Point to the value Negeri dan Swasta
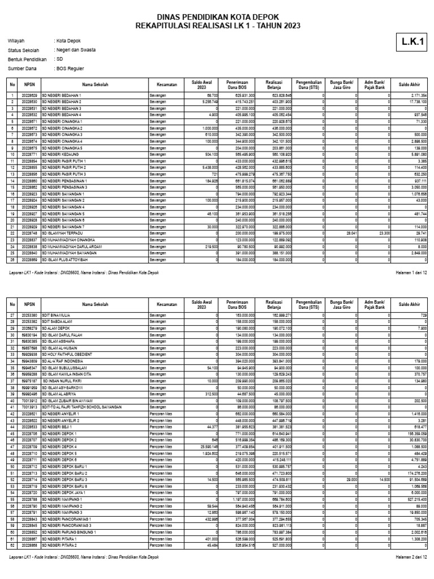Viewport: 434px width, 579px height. (75, 50)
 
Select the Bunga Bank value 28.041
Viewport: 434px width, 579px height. (350, 232)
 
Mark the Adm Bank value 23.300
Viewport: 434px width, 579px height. (383, 232)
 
